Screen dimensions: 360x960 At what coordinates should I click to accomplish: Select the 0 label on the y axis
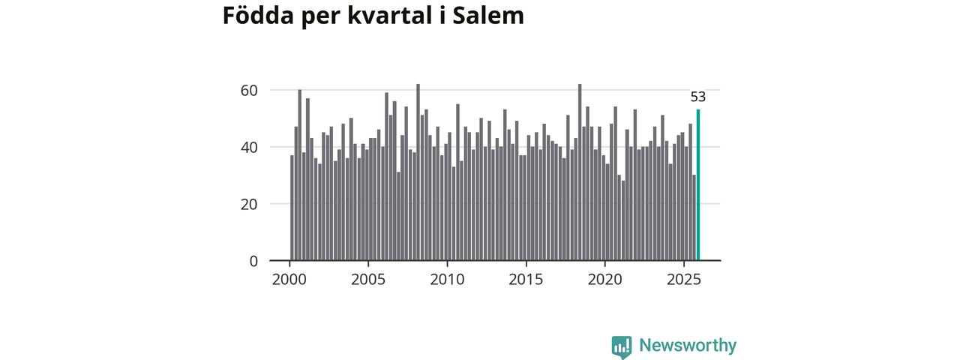pos(253,261)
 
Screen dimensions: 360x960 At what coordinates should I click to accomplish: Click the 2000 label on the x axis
pos(289,280)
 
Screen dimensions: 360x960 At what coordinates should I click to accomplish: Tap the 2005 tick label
pos(368,280)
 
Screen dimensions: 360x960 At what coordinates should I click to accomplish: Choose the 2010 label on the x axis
pos(447,280)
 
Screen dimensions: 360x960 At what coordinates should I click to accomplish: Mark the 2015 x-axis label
pos(526,280)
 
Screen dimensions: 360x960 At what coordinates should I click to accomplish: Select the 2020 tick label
pos(604,280)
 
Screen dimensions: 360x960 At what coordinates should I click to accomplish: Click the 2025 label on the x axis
pos(683,280)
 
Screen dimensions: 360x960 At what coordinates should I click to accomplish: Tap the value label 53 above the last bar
pos(698,97)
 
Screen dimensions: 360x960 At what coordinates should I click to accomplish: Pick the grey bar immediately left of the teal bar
pos(694,217)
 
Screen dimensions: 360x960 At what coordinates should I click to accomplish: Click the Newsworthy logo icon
pos(621,346)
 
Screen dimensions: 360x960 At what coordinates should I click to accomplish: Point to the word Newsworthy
pos(688,346)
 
